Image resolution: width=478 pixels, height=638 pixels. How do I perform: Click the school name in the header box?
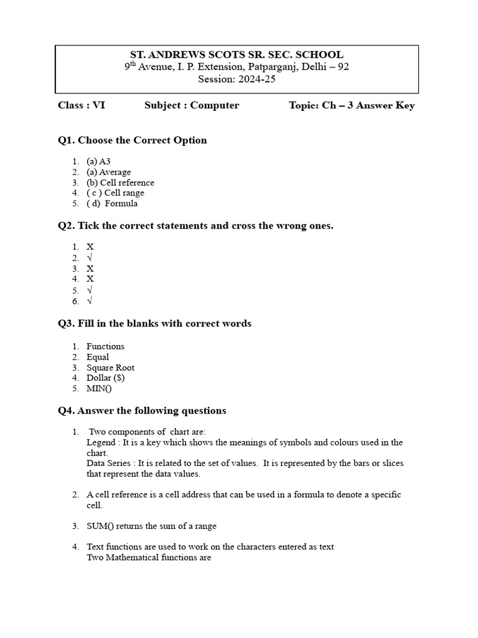click(x=236, y=55)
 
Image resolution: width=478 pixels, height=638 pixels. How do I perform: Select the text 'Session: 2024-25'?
click(x=236, y=79)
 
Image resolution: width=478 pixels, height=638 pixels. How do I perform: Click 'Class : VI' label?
click(x=82, y=105)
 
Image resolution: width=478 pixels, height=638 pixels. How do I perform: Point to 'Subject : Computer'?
click(x=192, y=105)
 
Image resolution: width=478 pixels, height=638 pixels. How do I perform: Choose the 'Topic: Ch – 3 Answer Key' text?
click(x=352, y=105)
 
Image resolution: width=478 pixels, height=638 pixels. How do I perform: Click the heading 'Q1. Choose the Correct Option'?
click(x=132, y=140)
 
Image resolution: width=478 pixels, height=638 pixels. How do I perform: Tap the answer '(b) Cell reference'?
click(x=120, y=183)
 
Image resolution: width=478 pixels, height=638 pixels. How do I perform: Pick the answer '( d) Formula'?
click(x=112, y=204)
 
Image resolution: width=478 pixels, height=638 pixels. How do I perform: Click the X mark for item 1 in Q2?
click(x=90, y=247)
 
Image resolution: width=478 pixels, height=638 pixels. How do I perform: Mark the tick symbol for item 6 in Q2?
click(x=90, y=301)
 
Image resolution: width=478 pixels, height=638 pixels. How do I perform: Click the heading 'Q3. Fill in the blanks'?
click(x=154, y=323)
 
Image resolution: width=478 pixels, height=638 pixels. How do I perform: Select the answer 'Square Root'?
click(x=110, y=368)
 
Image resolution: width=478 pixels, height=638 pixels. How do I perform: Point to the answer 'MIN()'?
click(x=99, y=389)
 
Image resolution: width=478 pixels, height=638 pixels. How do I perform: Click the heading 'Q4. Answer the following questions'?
click(x=142, y=411)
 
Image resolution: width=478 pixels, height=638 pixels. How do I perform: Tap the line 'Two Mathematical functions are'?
click(x=149, y=558)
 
